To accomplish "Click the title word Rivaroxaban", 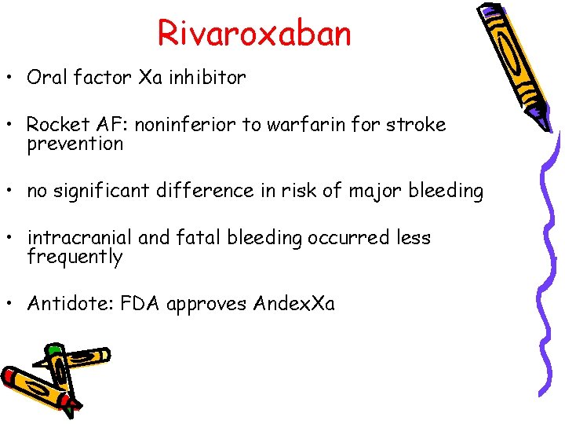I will tap(254, 33).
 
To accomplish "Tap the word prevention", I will tap(75, 144).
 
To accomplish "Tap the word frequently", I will tap(75, 258).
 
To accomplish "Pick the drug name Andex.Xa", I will tap(294, 304).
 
